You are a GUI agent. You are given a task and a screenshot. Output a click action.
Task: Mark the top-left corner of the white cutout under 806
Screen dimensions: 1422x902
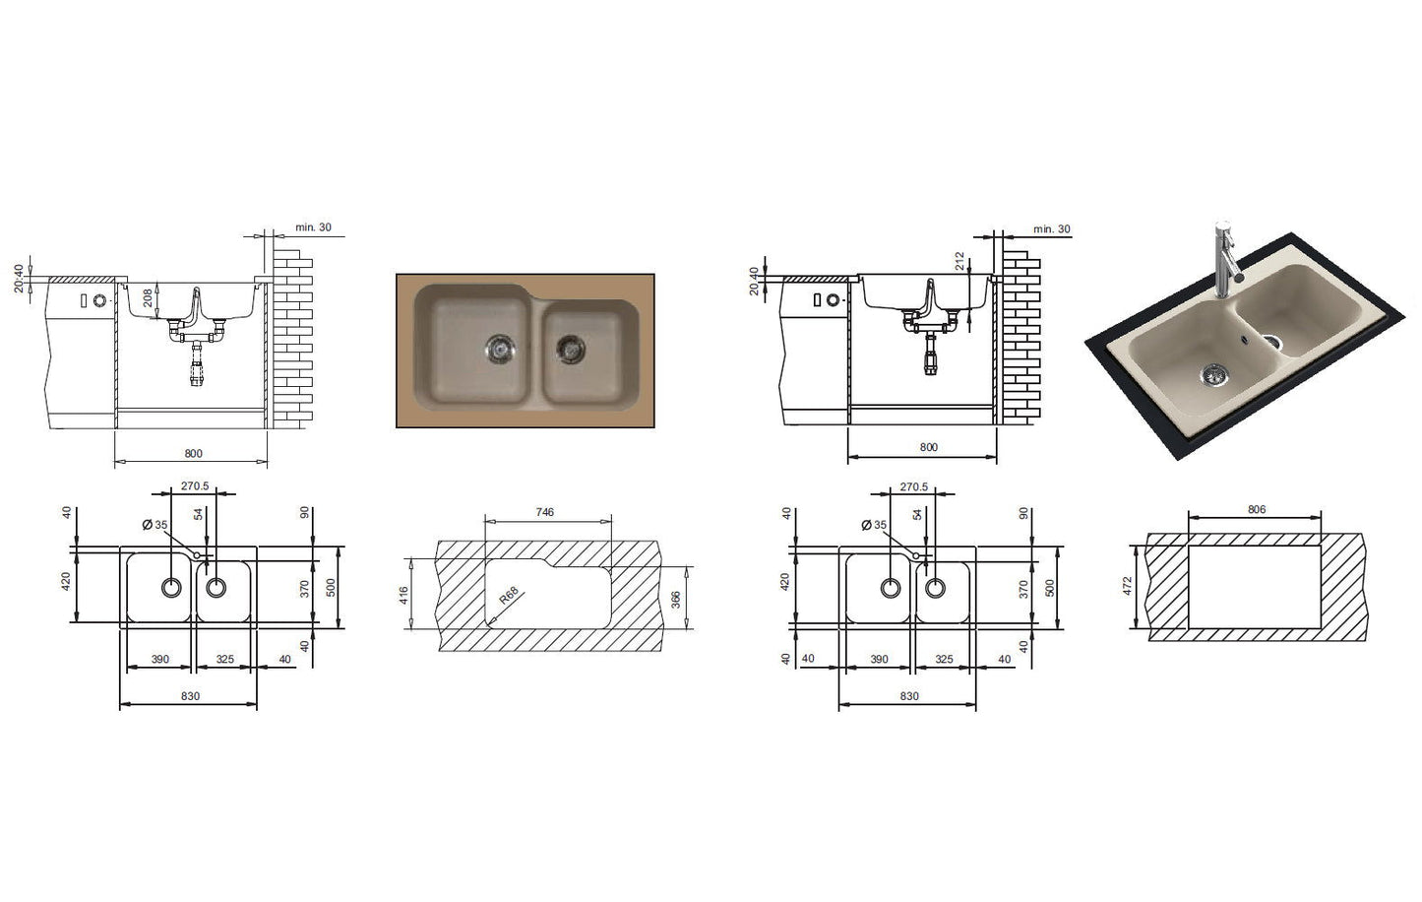[1189, 546]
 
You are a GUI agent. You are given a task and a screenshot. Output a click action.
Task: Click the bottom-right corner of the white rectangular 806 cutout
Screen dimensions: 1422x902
[1321, 628]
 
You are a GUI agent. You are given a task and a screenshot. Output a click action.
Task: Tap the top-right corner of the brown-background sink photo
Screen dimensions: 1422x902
[654, 274]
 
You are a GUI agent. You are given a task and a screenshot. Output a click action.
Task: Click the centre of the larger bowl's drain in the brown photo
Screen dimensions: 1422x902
[500, 349]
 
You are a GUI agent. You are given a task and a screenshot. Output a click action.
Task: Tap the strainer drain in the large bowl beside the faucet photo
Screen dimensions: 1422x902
[1213, 375]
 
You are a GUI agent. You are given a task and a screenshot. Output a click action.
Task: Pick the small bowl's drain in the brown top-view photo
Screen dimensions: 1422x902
[571, 349]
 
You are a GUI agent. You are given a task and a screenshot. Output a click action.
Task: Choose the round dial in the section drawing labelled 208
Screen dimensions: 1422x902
[99, 300]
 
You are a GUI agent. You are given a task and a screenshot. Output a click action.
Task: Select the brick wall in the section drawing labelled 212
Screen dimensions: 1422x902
[1022, 337]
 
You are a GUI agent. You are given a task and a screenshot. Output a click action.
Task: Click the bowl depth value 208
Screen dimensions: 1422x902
[148, 297]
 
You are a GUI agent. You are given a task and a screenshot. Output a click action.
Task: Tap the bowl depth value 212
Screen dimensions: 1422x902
[959, 261]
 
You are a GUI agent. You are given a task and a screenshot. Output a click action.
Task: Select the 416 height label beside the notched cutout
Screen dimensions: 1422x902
[404, 595]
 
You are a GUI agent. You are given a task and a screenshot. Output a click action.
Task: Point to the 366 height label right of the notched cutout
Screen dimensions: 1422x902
[676, 599]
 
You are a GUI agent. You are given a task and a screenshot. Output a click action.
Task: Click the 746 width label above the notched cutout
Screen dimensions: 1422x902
[544, 512]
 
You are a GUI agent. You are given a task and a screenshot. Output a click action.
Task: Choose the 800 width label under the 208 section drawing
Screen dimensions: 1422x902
[193, 454]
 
